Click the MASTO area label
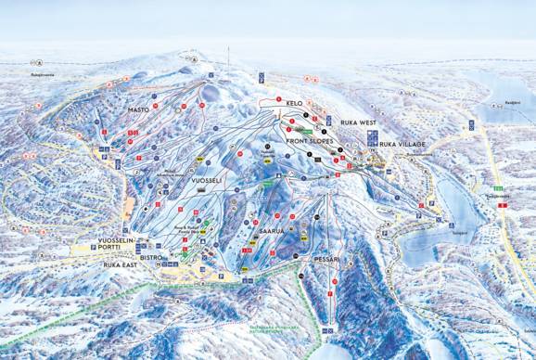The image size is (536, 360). (137, 109)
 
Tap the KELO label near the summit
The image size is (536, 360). (295, 102)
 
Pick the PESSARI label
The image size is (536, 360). (328, 259)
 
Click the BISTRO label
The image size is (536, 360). (151, 255)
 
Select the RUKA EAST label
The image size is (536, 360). (121, 264)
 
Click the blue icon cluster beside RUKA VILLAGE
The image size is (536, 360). (373, 139)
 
